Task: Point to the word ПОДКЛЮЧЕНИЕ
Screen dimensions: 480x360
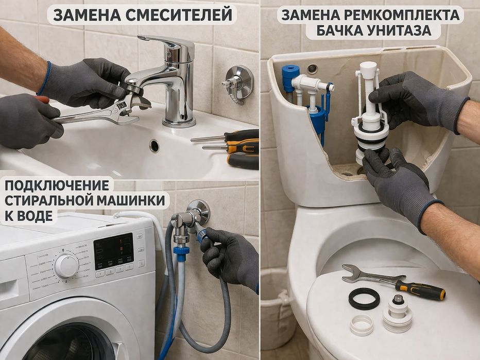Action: tap(57, 185)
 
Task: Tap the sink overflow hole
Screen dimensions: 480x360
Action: tap(155, 146)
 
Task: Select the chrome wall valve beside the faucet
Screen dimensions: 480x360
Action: tap(238, 82)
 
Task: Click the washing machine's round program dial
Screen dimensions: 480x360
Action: tap(66, 266)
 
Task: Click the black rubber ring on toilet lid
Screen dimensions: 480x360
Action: tap(364, 299)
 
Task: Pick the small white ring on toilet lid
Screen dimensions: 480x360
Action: tap(362, 325)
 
